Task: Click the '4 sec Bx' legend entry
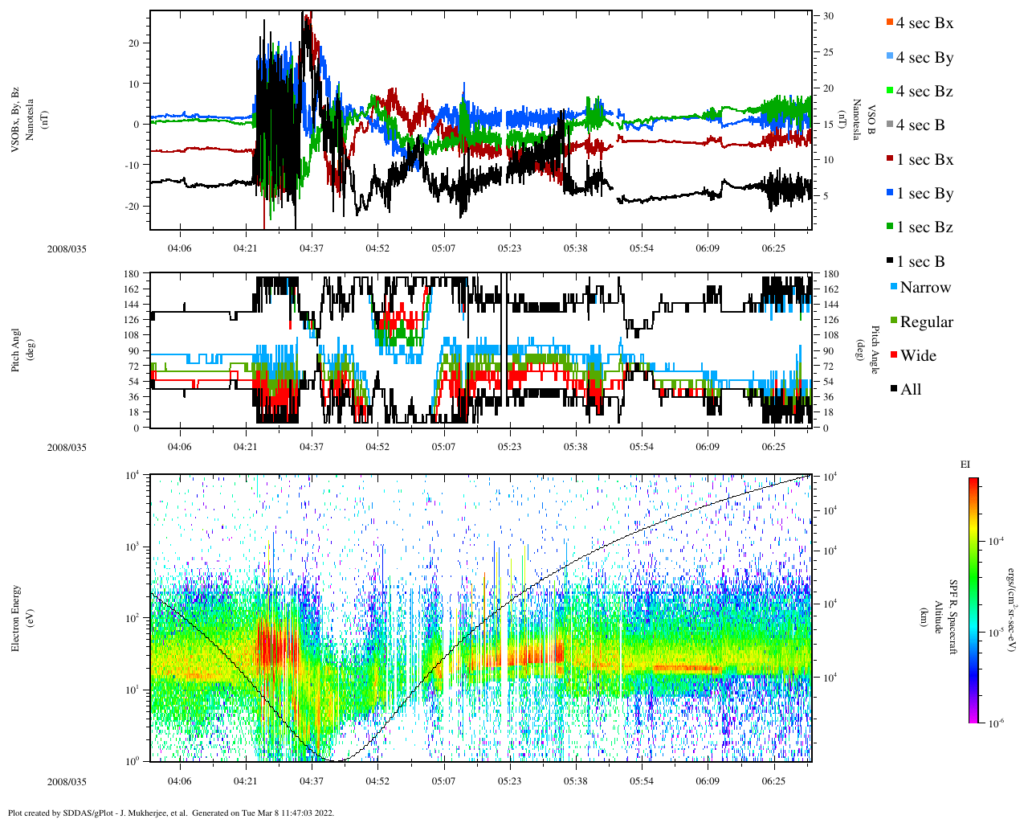tap(924, 23)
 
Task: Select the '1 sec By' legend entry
tap(924, 194)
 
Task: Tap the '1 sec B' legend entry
tap(920, 262)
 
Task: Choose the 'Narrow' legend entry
tap(924, 288)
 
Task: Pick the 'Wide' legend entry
tap(917, 356)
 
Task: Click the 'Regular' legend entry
tap(926, 322)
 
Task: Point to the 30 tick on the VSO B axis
tap(828, 16)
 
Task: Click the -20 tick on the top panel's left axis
tap(133, 206)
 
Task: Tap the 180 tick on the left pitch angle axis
tap(133, 274)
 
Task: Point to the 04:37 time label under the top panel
tap(312, 248)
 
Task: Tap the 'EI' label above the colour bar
tap(965, 464)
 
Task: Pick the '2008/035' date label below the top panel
tap(67, 249)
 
